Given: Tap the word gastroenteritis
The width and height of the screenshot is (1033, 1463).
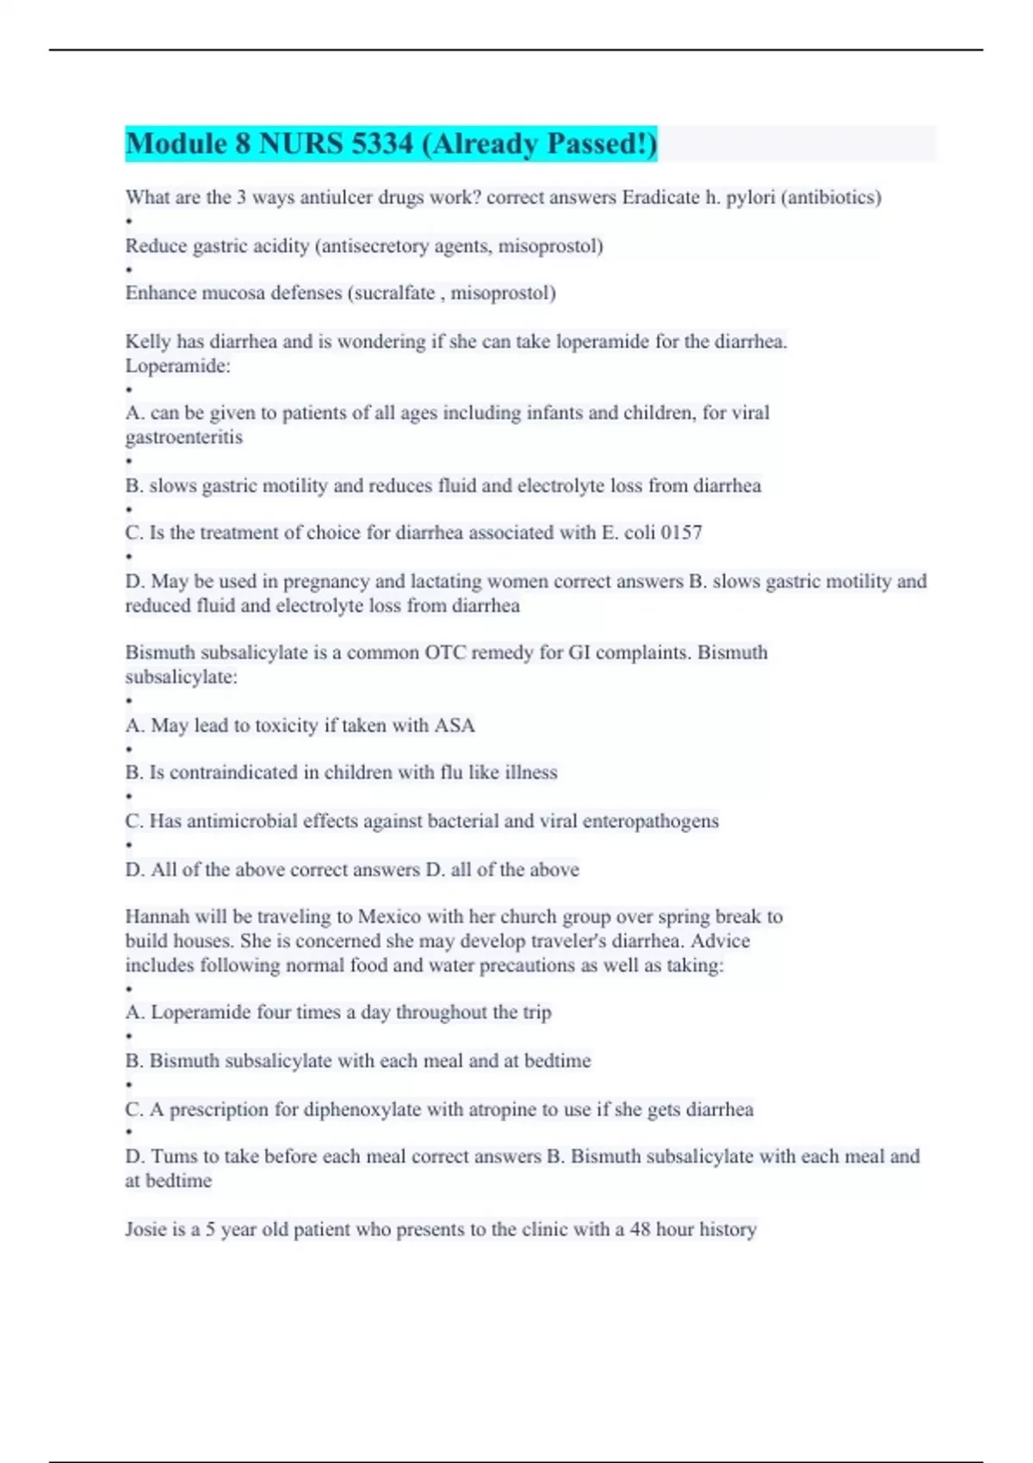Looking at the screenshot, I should click(183, 437).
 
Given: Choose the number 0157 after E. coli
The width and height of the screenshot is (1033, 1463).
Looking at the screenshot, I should click(682, 533).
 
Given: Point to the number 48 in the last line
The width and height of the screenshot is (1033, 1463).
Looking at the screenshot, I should click(640, 1230).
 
